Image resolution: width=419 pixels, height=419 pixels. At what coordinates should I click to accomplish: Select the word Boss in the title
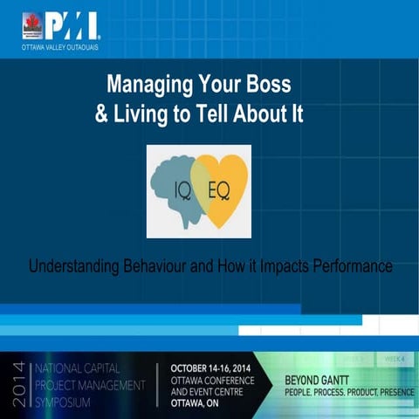point(284,86)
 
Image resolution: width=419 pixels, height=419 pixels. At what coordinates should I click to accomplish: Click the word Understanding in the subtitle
point(75,265)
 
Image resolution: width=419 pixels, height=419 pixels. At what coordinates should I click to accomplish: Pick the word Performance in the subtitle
point(349,265)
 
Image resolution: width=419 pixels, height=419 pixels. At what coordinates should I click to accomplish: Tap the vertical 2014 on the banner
point(15,381)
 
